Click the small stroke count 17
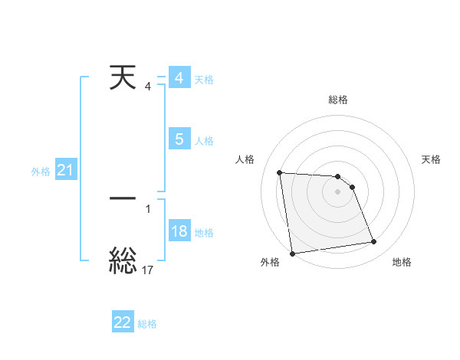click(148, 270)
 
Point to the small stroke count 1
click(148, 208)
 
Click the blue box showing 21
click(65, 171)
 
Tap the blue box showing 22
click(123, 322)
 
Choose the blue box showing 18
click(179, 231)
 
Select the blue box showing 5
click(179, 139)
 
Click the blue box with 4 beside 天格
click(179, 78)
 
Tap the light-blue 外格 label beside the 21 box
click(41, 172)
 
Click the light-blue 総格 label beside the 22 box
click(147, 324)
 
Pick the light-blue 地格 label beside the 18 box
click(204, 233)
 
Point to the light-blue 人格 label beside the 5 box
click(204, 141)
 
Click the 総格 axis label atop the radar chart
click(338, 100)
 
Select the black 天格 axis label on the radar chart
click(432, 159)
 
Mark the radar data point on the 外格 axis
click(292, 254)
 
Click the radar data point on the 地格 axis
click(374, 242)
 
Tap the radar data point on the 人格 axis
click(279, 172)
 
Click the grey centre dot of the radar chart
click(338, 191)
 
